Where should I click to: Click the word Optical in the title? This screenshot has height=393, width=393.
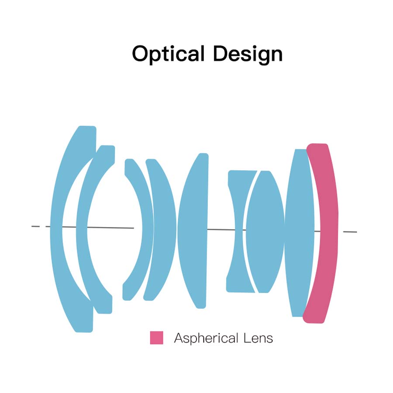(168, 54)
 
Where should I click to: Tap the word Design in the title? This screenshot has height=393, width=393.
(248, 54)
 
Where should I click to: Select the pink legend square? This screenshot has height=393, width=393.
(156, 338)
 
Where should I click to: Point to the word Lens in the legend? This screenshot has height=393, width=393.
(258, 338)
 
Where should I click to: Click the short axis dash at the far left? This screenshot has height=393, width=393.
(36, 226)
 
